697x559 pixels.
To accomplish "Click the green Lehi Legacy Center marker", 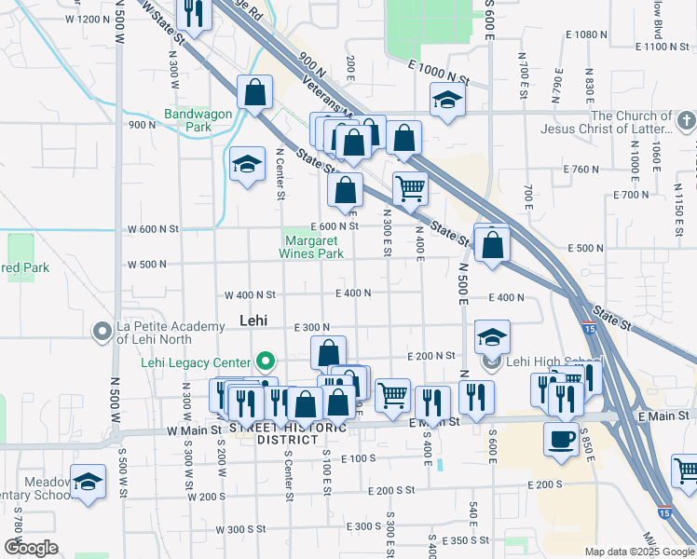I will point(266,361).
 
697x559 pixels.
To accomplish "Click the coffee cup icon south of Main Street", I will point(561,440).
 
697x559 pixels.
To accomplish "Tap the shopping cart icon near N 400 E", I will point(410,189).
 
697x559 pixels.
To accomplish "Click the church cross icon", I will point(686,122).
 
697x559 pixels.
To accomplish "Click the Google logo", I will point(31,548).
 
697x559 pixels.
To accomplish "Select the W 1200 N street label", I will point(89,20).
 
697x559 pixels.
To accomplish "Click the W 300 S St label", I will point(244,529).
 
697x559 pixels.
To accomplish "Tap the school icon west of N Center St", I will point(246,165).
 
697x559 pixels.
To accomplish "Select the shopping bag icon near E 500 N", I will point(492,246).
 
